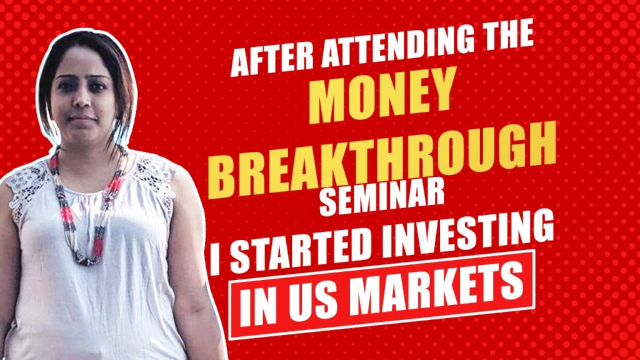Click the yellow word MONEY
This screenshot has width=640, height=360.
pyautogui.click(x=382, y=95)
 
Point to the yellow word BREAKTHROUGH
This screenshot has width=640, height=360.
pyautogui.click(x=382, y=159)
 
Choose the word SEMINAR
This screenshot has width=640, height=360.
pyautogui.click(x=381, y=199)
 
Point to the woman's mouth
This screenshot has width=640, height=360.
pyautogui.click(x=83, y=119)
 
